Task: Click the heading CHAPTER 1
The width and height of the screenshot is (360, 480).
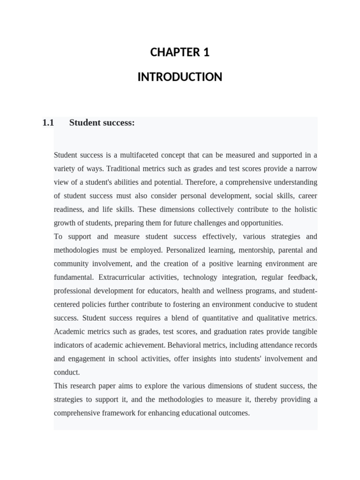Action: point(180,52)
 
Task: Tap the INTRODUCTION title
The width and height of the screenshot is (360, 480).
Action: point(180,77)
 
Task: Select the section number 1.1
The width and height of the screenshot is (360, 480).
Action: point(48,123)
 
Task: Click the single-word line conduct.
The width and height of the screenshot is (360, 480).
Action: point(67,373)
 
